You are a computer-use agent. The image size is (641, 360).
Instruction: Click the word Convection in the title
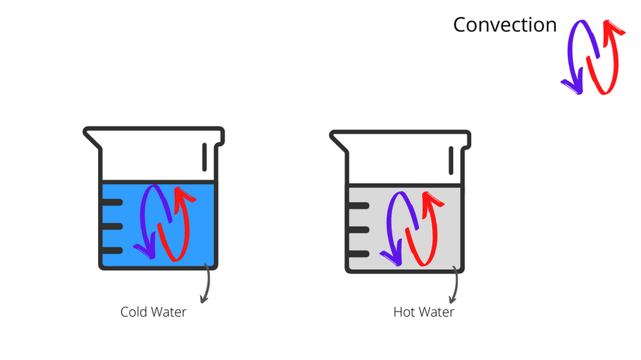coord(504,25)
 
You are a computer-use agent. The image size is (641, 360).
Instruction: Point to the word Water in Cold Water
coord(168,312)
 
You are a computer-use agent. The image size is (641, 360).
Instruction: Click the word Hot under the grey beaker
coord(404,312)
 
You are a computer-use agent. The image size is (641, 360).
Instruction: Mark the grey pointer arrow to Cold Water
coord(206,285)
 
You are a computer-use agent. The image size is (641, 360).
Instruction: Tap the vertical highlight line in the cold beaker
coord(205,157)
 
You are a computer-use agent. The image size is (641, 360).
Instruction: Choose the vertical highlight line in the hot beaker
coord(452,160)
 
